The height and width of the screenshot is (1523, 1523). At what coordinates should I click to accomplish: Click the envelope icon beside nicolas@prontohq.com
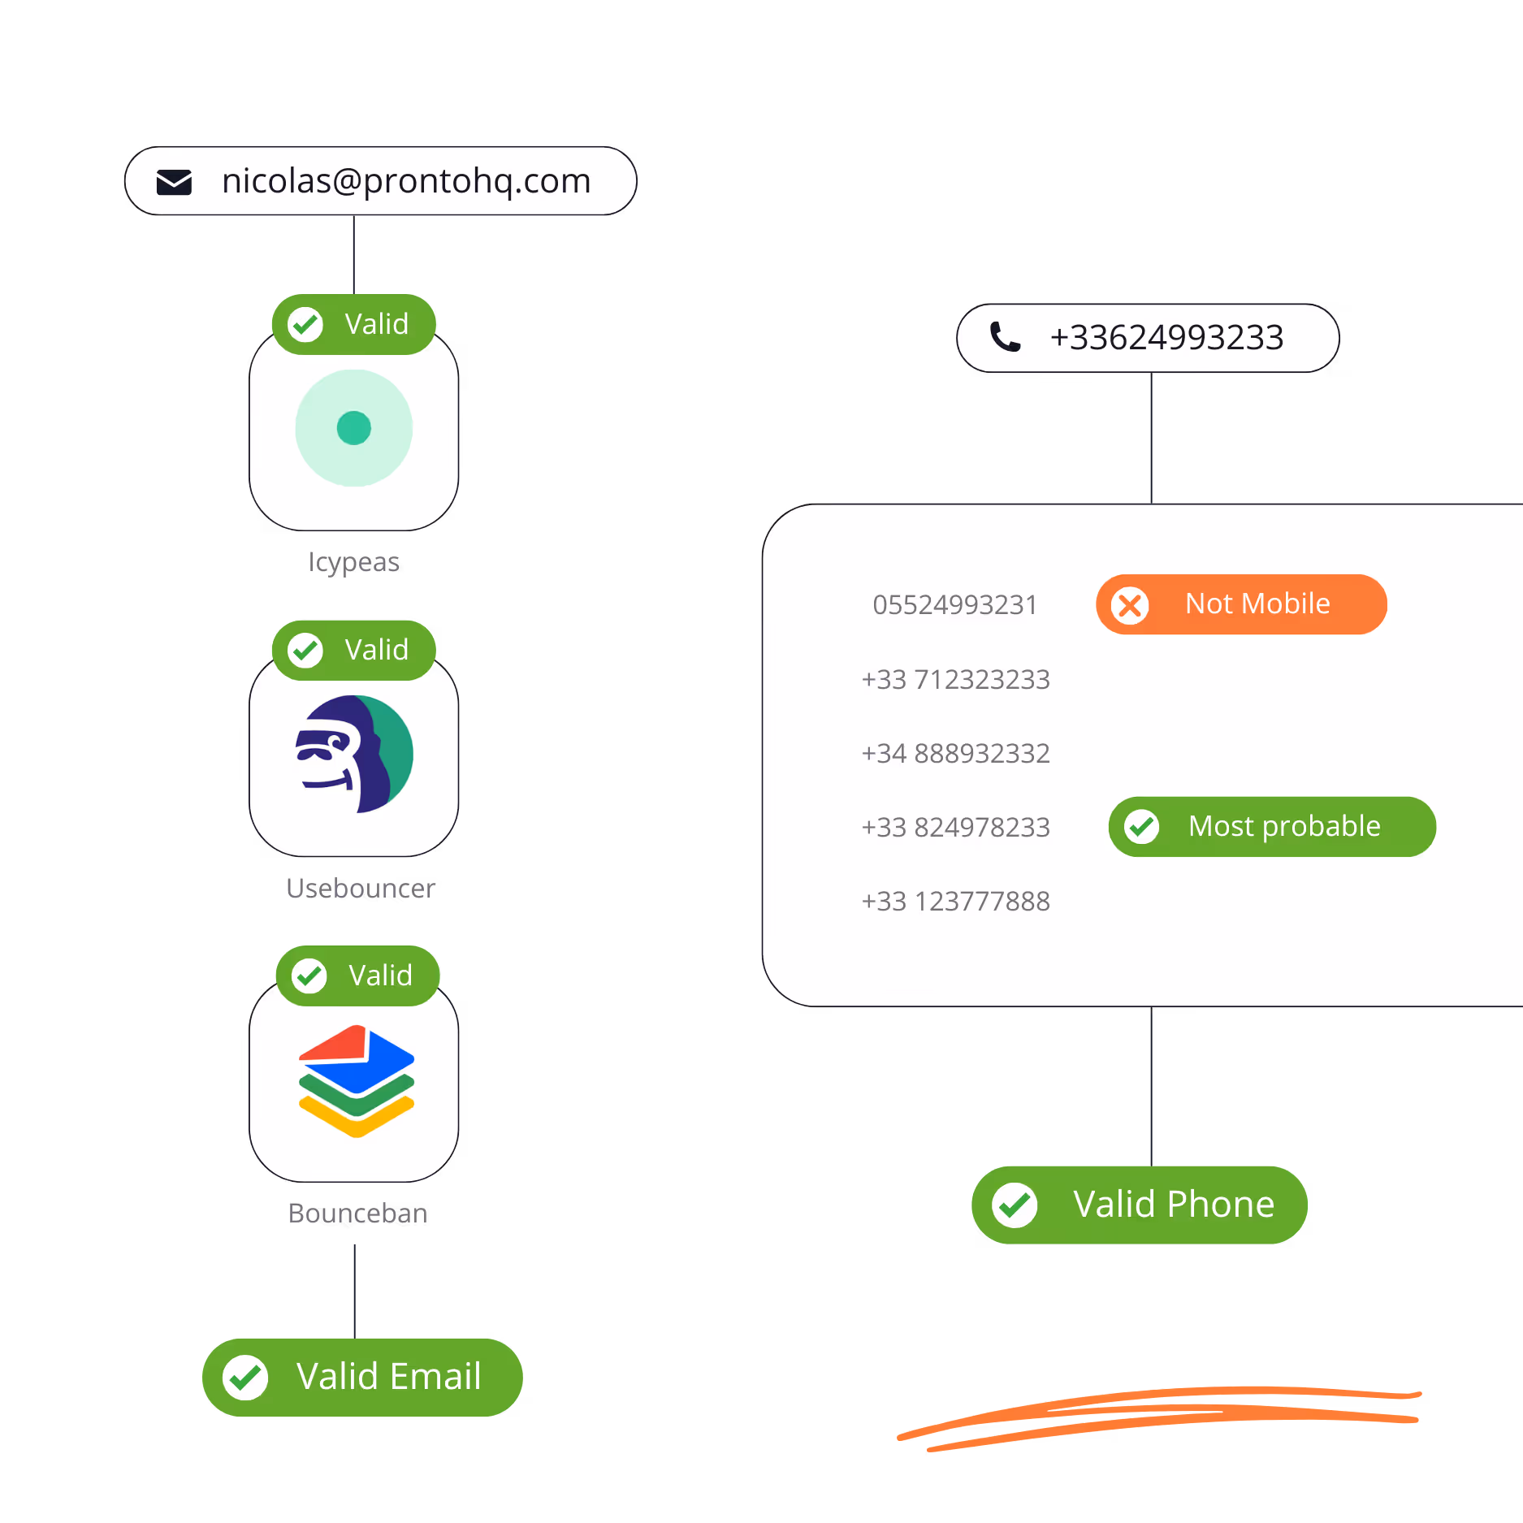pos(174,182)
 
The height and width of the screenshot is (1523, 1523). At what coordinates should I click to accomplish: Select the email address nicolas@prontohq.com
pos(406,181)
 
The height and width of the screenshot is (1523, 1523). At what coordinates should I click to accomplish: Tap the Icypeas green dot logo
pos(354,428)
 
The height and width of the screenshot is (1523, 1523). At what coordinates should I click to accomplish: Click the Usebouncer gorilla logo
pos(354,754)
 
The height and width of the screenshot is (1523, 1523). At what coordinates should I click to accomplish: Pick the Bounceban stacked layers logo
pos(356,1081)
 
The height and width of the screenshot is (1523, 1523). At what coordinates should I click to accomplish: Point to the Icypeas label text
pos(354,562)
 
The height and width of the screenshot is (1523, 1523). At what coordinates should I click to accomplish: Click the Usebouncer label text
pos(361,888)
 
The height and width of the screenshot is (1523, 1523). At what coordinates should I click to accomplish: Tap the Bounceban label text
pos(357,1213)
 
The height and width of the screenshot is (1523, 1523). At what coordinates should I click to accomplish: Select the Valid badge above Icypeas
pos(354,324)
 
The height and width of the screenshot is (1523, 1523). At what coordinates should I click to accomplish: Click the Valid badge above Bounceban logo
pos(357,976)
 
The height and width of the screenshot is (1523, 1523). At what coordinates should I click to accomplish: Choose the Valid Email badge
pos(362,1377)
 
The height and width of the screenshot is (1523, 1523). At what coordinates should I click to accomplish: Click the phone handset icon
pos(1005,337)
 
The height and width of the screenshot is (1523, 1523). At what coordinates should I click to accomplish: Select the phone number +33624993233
pos(1166,338)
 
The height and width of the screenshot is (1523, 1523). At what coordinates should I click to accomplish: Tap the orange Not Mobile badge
pos(1241,604)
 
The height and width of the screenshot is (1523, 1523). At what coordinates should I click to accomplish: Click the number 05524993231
pos(955,605)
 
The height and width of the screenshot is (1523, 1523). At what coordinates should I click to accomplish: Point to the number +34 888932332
pos(955,753)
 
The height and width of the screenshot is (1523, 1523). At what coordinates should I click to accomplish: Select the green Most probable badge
pos(1272,827)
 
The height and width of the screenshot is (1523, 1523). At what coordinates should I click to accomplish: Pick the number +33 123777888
pos(955,901)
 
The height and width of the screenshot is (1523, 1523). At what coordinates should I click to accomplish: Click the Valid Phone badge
pos(1140,1205)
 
